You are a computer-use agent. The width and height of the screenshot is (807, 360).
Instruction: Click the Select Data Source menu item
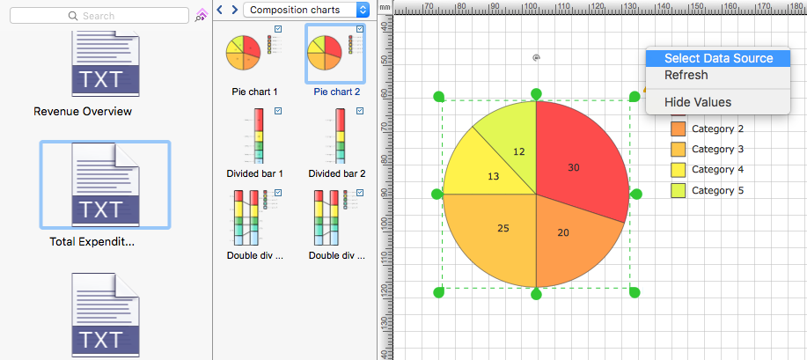[x=718, y=58]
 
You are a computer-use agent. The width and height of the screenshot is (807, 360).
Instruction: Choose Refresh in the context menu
[x=686, y=75]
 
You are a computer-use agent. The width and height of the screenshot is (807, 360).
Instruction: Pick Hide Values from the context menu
[x=698, y=102]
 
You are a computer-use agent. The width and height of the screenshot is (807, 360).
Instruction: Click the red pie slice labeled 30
[x=576, y=158]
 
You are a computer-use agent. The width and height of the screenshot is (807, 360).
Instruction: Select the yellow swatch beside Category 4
[x=678, y=169]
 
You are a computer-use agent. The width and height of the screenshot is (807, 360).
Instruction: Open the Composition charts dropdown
[x=306, y=10]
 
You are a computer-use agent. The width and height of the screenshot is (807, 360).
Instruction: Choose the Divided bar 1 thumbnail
[x=256, y=136]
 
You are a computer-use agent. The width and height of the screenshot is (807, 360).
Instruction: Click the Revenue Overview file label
[x=83, y=112]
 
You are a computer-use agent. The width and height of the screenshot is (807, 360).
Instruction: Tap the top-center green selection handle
[x=536, y=94]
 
